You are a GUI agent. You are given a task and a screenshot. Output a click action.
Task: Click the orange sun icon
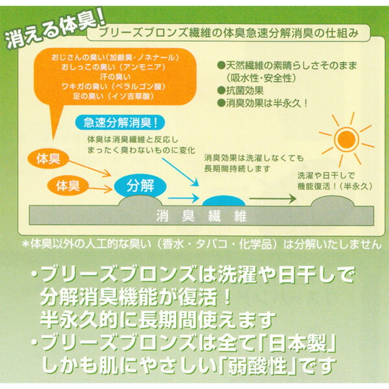pos(346,139)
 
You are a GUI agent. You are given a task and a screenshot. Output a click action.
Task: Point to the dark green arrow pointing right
pos(273,199)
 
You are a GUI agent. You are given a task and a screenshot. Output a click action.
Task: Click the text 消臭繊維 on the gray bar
pos(201,217)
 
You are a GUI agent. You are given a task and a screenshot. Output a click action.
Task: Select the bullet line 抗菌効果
pos(240,91)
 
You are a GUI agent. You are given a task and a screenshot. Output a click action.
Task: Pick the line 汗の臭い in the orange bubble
pos(115,77)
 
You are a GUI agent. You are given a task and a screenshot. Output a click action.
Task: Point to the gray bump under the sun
pos(332,201)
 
